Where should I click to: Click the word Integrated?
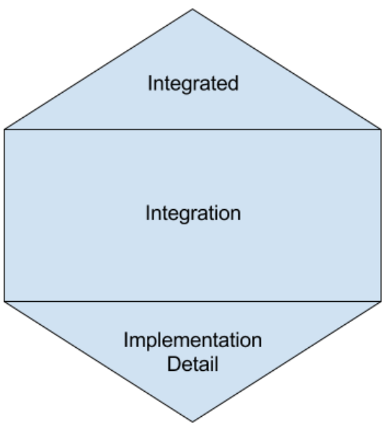193,84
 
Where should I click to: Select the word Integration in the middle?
193,214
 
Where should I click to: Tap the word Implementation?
193,341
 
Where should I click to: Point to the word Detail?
193,364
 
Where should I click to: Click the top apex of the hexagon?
192,9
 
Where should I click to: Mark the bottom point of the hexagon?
192,422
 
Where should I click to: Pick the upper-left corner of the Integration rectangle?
5,130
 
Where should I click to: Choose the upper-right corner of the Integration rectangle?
381,130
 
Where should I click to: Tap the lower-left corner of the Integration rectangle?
5,302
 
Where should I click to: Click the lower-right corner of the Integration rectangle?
381,302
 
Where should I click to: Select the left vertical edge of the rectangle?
5,215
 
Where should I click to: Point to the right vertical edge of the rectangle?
381,215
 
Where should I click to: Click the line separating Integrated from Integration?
193,130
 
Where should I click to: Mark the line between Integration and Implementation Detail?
193,302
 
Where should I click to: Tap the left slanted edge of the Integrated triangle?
98,69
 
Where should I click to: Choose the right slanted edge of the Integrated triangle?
287,69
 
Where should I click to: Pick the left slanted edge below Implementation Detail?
98,362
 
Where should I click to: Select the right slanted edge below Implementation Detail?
287,362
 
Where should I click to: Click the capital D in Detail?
173,364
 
